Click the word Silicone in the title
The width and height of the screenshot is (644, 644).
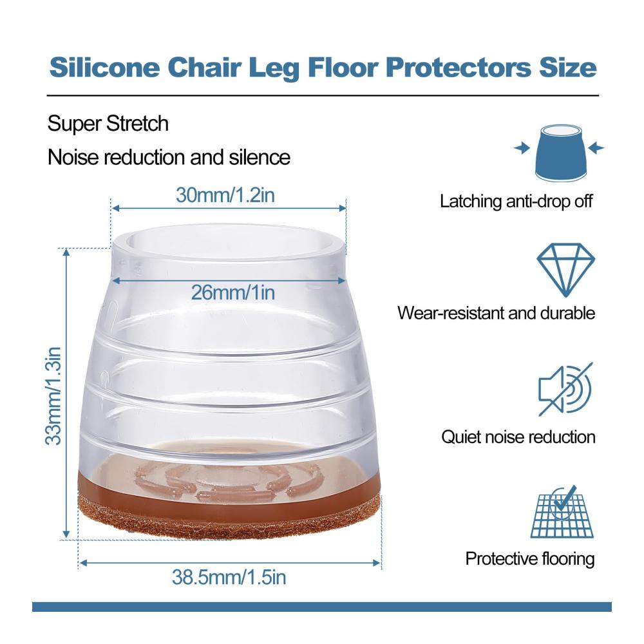point(104,67)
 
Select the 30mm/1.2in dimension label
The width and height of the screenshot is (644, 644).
point(225,194)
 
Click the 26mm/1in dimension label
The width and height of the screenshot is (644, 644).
point(233,292)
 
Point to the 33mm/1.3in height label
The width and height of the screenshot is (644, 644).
point(53,396)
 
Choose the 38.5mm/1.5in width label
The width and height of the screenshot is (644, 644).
point(229,577)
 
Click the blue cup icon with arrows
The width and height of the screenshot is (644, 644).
point(560,153)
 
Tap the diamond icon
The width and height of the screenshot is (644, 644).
point(565,270)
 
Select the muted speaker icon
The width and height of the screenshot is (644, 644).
point(565,389)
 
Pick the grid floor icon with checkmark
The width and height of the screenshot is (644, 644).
point(562,511)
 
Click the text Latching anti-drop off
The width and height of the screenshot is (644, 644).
point(516,201)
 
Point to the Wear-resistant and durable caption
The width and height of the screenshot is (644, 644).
point(496,313)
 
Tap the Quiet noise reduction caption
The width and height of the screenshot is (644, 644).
point(518,437)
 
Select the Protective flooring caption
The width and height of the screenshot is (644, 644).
point(530,559)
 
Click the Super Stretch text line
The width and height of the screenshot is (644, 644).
point(108,123)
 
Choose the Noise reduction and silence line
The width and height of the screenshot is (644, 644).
point(169,157)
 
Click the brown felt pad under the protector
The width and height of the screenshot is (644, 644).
point(230,518)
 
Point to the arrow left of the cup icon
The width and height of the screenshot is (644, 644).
point(522,148)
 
